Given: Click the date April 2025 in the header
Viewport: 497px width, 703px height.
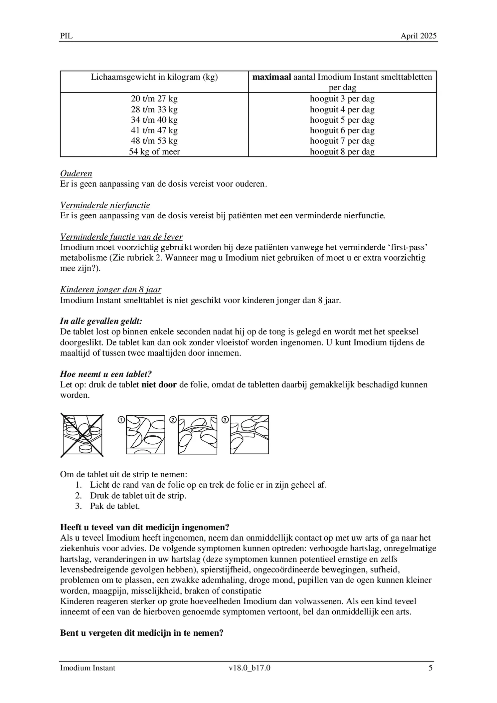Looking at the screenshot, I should coord(418,36).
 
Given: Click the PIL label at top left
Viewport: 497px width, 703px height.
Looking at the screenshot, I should coord(66,36).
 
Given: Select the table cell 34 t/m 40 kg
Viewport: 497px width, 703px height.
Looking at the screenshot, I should coord(154,120).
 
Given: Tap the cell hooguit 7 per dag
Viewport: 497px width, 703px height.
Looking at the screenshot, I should coord(342,141).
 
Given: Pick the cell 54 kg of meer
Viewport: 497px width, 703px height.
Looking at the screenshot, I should coord(154,152).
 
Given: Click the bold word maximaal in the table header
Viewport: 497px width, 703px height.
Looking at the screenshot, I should coord(271,77).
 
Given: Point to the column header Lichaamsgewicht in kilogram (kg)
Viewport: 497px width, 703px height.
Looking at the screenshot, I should coord(154,77).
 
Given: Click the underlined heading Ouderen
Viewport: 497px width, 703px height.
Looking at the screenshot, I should coord(76,173).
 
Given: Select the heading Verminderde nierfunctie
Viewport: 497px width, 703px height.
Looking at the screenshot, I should coord(105,205).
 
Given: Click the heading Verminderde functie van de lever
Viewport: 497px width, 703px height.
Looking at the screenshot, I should coord(121,237).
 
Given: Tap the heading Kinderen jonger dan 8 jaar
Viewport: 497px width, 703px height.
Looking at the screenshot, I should coord(110,290).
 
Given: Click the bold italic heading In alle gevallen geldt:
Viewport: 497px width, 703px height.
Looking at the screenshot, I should coord(101,321).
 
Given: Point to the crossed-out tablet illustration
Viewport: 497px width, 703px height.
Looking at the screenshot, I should coord(82,435).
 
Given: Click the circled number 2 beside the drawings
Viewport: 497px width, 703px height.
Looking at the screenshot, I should coord(173,420).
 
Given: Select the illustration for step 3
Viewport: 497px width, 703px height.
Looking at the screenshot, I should coord(249,434).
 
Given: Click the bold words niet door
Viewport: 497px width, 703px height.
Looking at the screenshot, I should coord(159,385).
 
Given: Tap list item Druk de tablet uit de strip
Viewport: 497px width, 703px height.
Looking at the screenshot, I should coord(138,496).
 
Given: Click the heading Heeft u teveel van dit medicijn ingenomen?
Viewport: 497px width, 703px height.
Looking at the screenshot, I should coord(145,527).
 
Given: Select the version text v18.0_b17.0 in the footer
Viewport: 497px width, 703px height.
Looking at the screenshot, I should coord(249,668).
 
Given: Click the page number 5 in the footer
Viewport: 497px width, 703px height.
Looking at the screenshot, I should coord(430,668).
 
